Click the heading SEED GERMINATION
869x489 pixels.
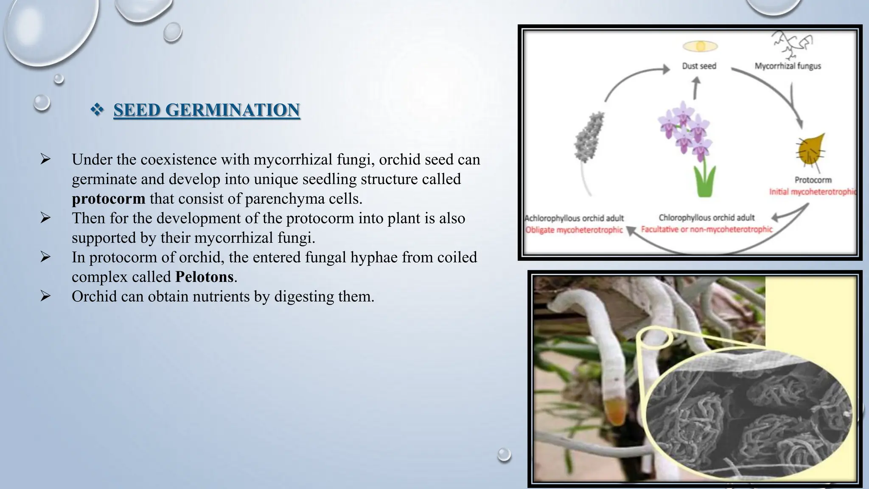click(x=207, y=110)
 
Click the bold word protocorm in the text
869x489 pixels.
click(x=108, y=199)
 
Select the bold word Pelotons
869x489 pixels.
click(x=204, y=277)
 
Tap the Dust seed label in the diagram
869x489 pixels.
click(x=699, y=66)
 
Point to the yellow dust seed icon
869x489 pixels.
click(x=700, y=46)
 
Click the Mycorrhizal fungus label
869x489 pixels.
click(x=788, y=66)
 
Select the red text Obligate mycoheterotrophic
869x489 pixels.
click(x=574, y=230)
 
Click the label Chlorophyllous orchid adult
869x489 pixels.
click(x=706, y=218)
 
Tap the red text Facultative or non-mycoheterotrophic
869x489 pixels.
click(x=706, y=229)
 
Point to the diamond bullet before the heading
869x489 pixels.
click(x=97, y=110)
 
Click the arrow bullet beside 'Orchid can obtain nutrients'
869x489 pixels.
click(x=45, y=296)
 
